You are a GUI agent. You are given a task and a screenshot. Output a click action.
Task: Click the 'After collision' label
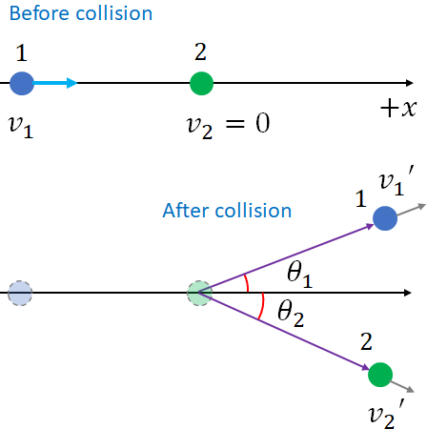tap(227, 210)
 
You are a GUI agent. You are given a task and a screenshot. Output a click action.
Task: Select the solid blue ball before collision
tap(21, 84)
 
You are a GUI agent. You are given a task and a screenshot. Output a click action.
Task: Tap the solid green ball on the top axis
tap(201, 84)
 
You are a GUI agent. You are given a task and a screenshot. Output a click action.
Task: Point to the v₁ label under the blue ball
tap(20, 124)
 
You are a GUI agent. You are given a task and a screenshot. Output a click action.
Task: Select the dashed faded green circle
tap(199, 293)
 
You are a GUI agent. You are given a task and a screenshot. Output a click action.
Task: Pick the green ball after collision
tap(379, 374)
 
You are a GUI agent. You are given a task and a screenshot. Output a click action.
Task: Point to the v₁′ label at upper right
tap(395, 181)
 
